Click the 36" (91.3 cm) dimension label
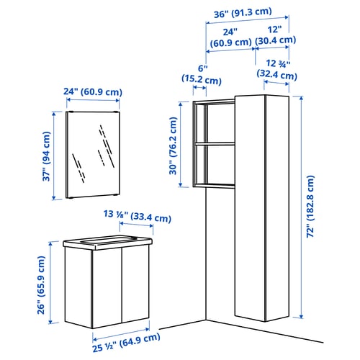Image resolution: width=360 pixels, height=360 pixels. coord(243,13)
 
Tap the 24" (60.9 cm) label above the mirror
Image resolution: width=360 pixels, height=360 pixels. coord(93,91)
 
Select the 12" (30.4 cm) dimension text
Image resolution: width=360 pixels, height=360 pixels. coord(275,35)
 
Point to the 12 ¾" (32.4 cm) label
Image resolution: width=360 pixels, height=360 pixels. coord(277,70)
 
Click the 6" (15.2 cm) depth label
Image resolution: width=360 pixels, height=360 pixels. coord(202,75)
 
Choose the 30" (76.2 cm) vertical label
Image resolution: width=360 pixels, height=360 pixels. coord(174,145)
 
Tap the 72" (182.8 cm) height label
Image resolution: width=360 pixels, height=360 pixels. coord(310,207)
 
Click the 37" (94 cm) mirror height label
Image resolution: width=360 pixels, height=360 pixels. coord(47,156)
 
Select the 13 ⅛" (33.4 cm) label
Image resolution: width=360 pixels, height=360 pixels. coord(138,216)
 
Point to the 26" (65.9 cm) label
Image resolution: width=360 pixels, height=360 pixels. coord(41,285)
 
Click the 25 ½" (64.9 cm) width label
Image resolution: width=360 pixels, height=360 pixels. coord(126,342)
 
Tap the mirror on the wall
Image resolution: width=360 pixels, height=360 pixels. coord(93,155)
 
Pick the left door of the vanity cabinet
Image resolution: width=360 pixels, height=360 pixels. coord(107,288)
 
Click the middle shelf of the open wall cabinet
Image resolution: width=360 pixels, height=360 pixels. coord(215,144)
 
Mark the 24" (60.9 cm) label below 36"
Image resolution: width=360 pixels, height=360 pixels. coord(230,37)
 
